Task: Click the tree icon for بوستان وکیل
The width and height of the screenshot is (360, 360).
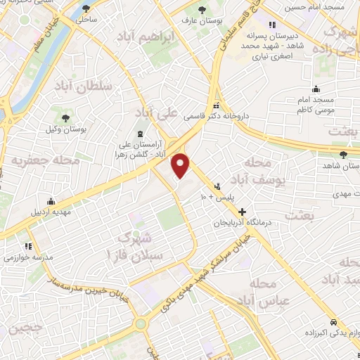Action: click(x=67, y=116)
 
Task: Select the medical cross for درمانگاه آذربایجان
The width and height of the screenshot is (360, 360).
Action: click(x=243, y=211)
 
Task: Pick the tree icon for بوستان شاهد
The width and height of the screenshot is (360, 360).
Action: click(x=343, y=155)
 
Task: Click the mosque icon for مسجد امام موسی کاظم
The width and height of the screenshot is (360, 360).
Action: click(x=316, y=89)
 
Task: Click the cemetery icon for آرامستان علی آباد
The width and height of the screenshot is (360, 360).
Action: click(x=139, y=134)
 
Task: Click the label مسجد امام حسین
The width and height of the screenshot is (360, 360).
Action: click(x=315, y=7)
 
